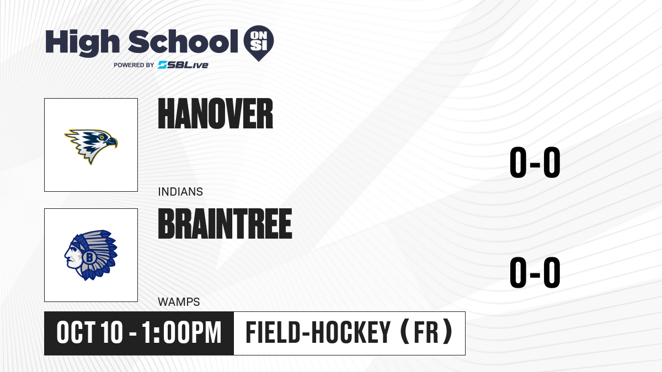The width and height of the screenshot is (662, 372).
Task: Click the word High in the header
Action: tap(82, 43)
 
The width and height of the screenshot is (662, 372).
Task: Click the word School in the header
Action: tap(183, 42)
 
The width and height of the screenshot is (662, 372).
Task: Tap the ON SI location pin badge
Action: tap(259, 43)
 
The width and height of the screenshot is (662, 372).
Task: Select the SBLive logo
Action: tap(183, 65)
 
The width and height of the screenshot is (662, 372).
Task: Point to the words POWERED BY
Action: tap(134, 65)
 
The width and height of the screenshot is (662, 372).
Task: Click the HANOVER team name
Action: tap(216, 114)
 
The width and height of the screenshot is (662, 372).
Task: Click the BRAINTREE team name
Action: tap(225, 224)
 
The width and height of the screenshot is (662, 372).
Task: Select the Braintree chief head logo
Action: tap(91, 255)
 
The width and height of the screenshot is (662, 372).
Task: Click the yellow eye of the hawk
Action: tap(102, 138)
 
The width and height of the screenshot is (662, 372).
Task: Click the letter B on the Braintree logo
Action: tap(89, 257)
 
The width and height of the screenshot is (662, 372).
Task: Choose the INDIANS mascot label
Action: tap(180, 192)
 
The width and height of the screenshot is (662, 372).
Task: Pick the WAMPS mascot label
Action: tap(179, 302)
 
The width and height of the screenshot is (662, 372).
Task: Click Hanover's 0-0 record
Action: tap(535, 163)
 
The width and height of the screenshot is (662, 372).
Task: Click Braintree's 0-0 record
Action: tap(535, 272)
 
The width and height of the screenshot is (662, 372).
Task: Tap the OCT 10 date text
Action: tap(89, 332)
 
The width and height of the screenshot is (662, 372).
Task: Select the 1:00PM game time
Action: tap(181, 332)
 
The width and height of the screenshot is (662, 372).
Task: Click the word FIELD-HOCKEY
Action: tap(318, 332)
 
